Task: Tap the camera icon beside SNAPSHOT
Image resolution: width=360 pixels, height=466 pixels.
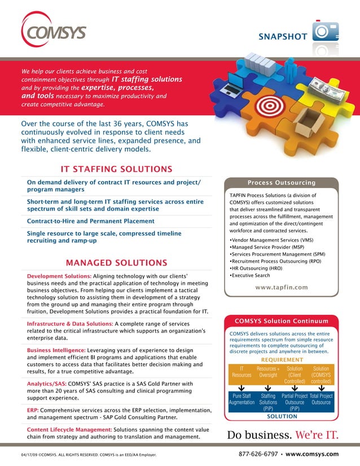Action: coord(327,32)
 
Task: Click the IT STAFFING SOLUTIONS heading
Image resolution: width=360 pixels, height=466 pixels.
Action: coord(116,169)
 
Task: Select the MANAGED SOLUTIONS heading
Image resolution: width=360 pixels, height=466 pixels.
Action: coord(116,263)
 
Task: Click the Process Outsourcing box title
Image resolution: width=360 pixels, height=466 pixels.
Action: coord(282,183)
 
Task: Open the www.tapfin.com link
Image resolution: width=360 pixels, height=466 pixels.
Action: coord(282,288)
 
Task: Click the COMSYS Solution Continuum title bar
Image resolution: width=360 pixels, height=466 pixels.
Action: coord(282,321)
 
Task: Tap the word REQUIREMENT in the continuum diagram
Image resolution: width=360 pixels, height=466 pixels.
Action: coord(282,360)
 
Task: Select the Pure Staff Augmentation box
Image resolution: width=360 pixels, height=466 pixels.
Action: coord(242,399)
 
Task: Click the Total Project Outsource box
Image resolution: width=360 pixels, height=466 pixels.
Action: coord(321,399)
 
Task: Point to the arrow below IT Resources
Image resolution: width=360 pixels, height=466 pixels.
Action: coord(241,387)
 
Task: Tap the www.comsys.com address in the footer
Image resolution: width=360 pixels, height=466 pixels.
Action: coord(312,454)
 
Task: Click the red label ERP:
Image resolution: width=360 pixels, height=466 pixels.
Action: coord(34,410)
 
